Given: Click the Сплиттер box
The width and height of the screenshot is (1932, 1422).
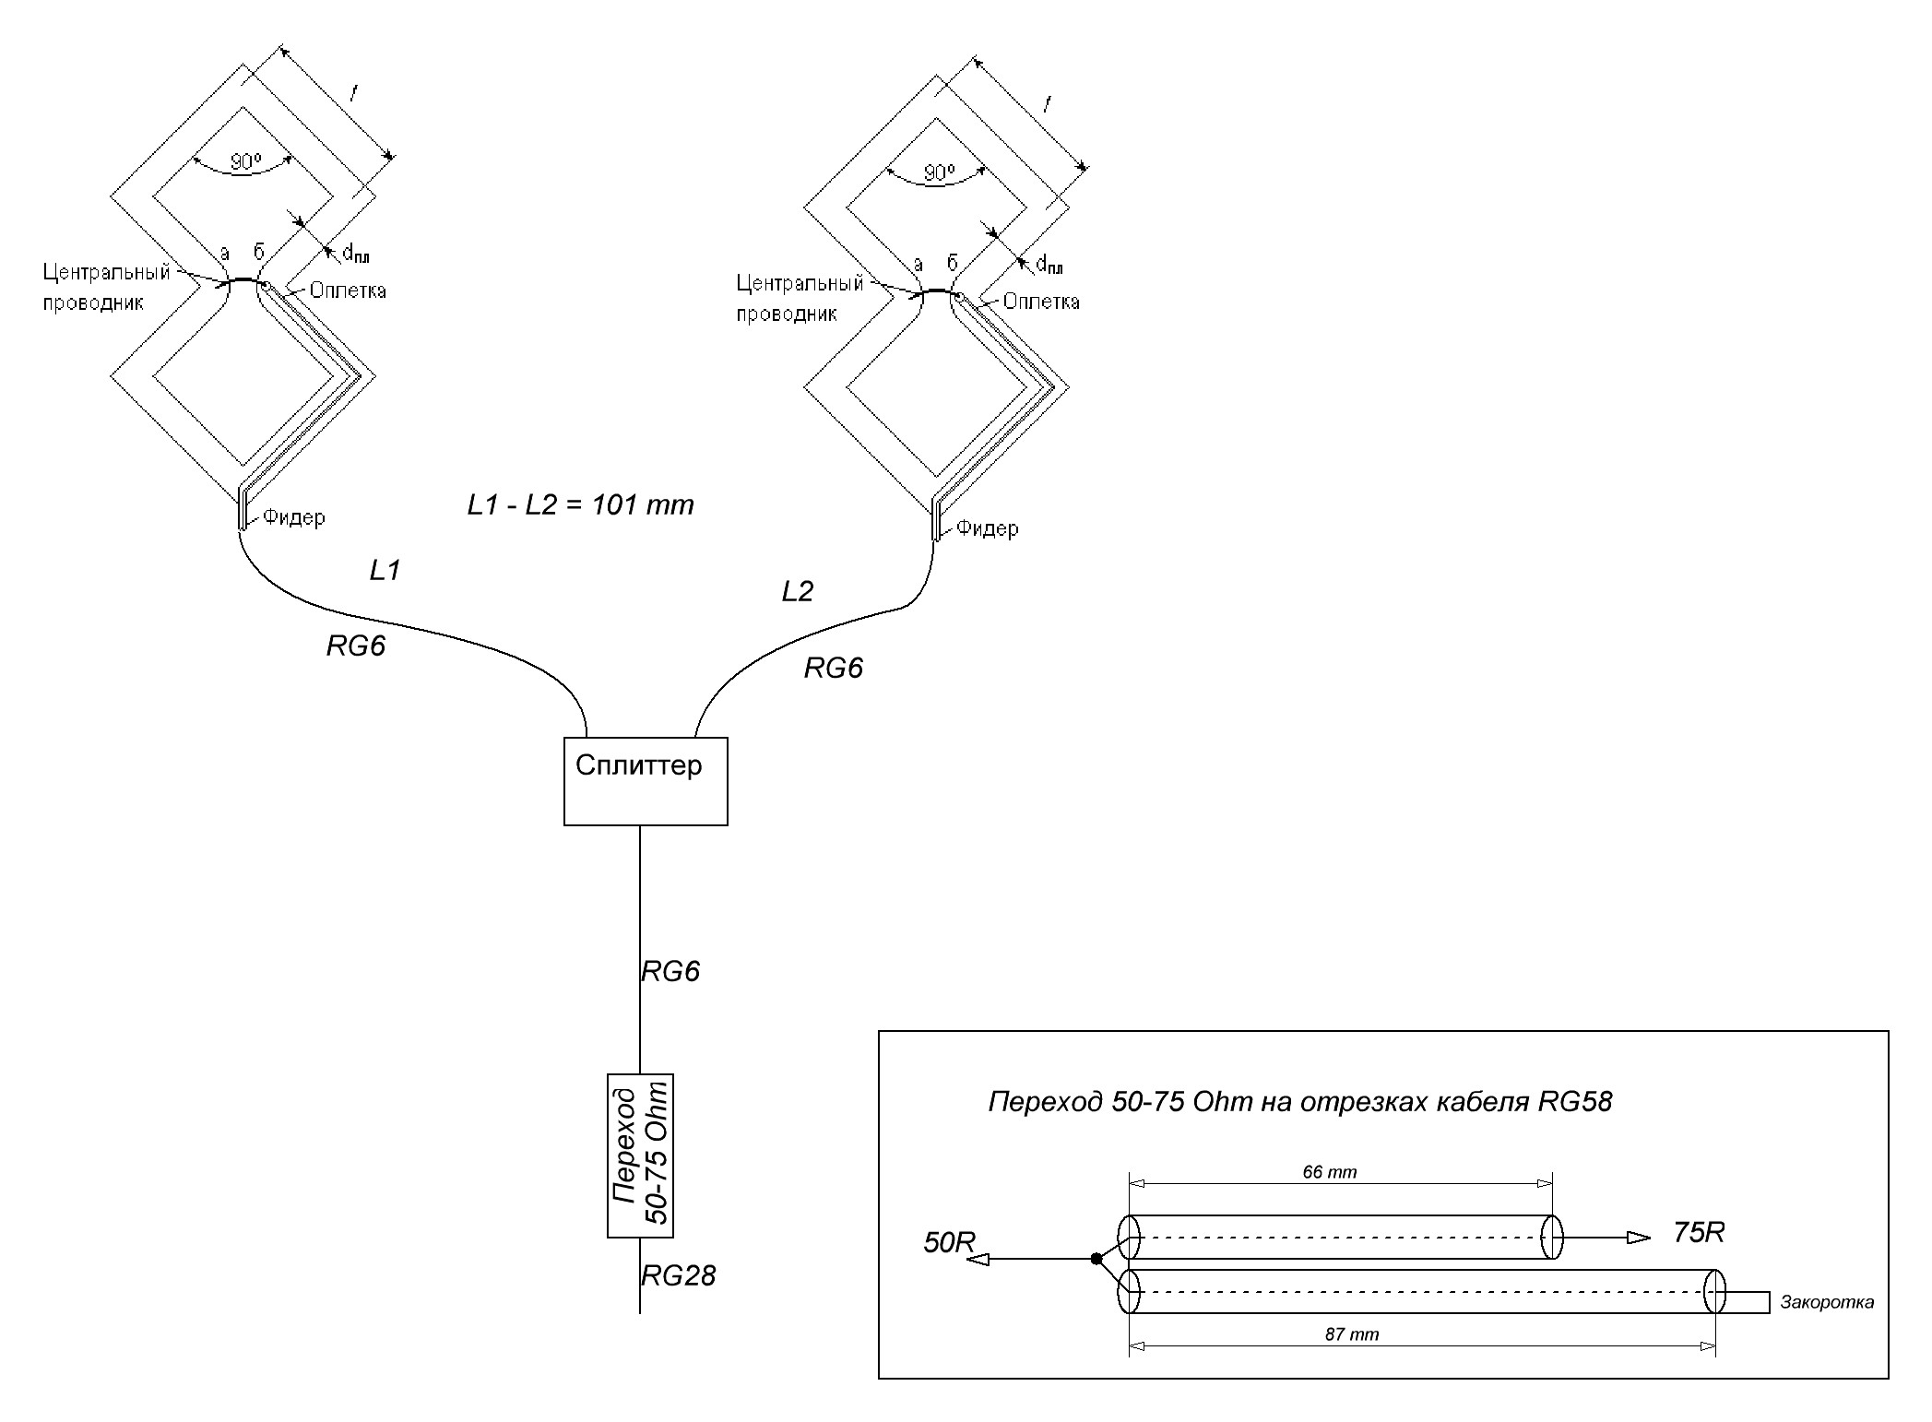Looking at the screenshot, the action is coord(646,780).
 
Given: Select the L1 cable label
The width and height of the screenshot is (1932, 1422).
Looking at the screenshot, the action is coord(385,571).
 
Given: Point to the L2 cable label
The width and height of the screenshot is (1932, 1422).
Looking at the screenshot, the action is coord(798,591).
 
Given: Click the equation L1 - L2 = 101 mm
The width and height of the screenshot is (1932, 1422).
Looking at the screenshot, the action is coord(580,504).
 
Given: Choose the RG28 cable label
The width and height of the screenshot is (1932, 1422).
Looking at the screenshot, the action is coord(679,1275).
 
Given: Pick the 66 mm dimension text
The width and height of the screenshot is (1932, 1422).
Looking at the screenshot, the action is coord(1329,1172).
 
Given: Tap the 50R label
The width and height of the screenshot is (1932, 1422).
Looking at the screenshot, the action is coord(950,1242).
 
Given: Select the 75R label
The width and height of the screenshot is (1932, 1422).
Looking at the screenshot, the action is coord(1699,1232).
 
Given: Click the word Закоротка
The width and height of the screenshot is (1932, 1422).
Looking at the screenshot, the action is coord(1828,1302).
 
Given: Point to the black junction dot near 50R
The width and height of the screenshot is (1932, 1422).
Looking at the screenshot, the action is coord(1096,1259).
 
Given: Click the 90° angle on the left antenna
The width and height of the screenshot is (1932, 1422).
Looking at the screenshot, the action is coord(245,162).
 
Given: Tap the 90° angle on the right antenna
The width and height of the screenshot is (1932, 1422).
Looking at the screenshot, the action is coord(939,173).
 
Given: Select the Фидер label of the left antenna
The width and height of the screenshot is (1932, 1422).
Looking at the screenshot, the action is coord(293,517).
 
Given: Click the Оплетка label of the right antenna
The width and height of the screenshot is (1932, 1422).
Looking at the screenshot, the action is coord(1041,302).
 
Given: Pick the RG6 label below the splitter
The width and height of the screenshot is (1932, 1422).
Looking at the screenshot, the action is coord(670,970).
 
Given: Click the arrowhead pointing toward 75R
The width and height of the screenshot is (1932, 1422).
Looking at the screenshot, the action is coord(1639,1238).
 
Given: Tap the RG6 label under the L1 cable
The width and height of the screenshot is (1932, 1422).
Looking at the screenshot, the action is coord(356,646).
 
